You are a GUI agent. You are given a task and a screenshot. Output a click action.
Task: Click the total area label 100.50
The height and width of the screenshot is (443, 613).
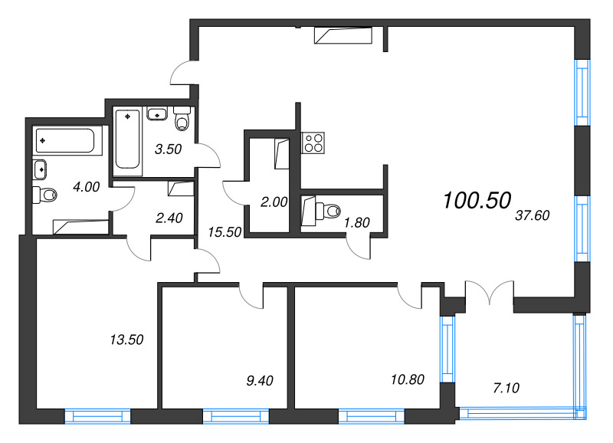(x=476, y=201)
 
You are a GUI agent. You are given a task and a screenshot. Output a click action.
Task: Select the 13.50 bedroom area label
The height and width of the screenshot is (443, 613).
(x=127, y=338)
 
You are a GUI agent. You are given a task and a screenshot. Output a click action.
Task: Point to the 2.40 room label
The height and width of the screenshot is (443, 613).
(x=169, y=217)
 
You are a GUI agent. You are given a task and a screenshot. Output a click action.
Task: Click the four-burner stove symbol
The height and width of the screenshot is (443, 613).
(x=313, y=143)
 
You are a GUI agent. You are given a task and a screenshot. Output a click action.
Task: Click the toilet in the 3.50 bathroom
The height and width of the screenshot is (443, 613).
(x=182, y=120)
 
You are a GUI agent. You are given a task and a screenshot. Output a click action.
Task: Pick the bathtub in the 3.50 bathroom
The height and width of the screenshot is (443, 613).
(x=127, y=139)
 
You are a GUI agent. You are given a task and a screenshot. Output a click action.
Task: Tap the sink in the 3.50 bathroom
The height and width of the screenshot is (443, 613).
(x=157, y=114)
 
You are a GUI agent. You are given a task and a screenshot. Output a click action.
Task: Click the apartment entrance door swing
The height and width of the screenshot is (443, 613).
(x=183, y=74)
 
